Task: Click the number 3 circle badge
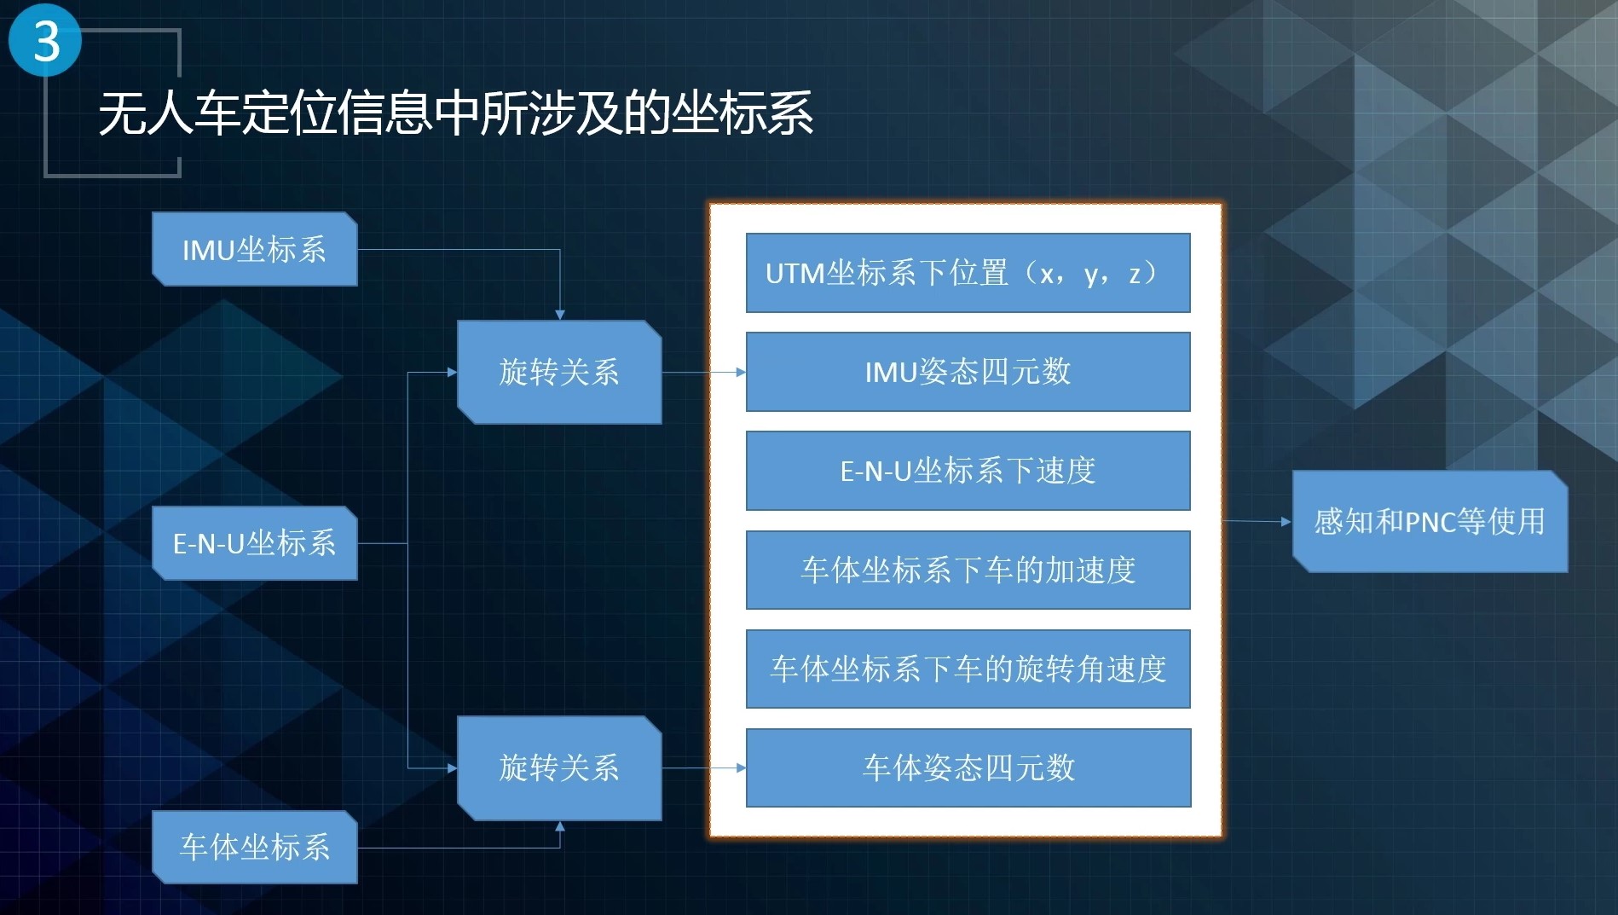[x=45, y=41]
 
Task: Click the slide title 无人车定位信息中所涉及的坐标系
[x=456, y=113]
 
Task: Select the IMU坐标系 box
[x=254, y=249]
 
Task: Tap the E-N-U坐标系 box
[x=254, y=543]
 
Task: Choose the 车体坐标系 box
[x=254, y=847]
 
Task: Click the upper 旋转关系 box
[x=559, y=372]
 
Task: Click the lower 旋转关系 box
[x=559, y=767]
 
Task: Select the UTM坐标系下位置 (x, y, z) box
[x=968, y=273]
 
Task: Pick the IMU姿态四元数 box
[x=968, y=372]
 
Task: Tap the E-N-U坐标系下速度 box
[x=968, y=471]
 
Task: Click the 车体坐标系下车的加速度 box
[x=968, y=570]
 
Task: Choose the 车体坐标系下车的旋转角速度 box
[x=968, y=669]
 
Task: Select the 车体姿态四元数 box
[x=968, y=767]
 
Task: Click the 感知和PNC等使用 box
[x=1430, y=521]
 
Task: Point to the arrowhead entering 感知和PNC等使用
[x=1286, y=521]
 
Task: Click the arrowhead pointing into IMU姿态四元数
[x=741, y=373]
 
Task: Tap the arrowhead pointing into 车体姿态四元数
[x=741, y=768]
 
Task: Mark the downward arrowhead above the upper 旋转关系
[x=560, y=315]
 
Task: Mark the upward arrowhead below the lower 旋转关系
[x=560, y=826]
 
